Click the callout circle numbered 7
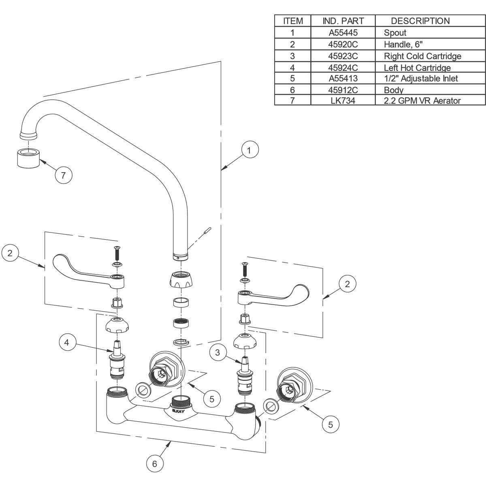[64, 175]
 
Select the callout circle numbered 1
[250, 150]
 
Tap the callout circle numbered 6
[155, 464]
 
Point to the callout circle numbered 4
[67, 342]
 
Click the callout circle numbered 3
[217, 352]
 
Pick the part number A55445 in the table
[343, 32]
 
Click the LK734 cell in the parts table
[343, 100]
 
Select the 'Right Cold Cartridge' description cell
[422, 56]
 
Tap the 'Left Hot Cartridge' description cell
[417, 68]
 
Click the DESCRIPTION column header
[420, 21]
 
